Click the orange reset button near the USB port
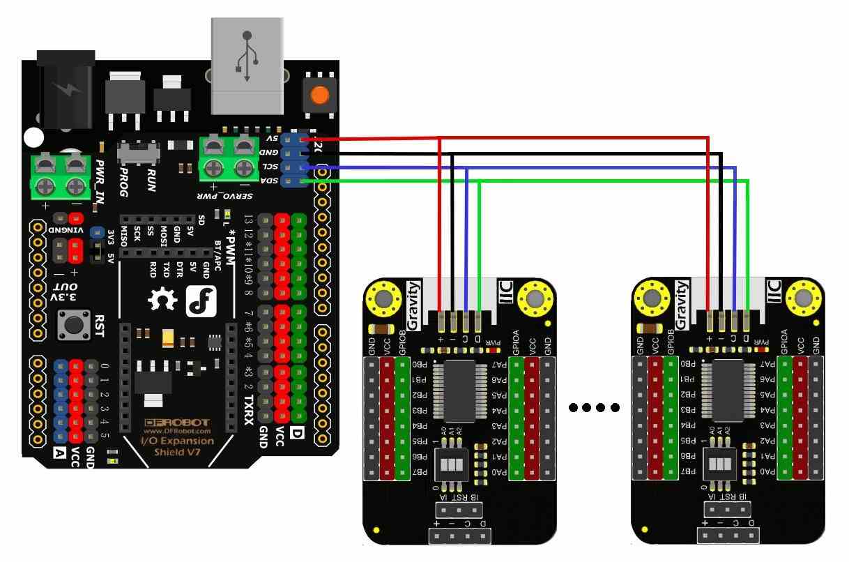coord(320,95)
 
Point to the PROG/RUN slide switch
coord(139,151)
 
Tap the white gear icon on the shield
coord(163,301)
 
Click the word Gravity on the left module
coord(414,305)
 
